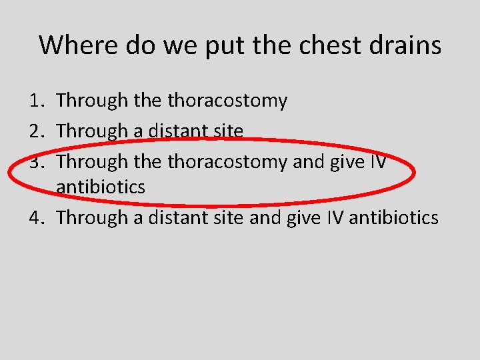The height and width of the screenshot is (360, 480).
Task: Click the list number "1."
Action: point(37,101)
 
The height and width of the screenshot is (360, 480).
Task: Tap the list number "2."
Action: point(37,131)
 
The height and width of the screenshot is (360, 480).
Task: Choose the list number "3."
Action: point(37,161)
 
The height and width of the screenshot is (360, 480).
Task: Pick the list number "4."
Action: point(37,217)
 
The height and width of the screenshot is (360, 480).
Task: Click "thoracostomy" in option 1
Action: point(228,101)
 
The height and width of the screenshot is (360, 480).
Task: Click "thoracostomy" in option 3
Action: point(228,161)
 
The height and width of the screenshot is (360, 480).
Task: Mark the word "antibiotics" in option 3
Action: point(101,187)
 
